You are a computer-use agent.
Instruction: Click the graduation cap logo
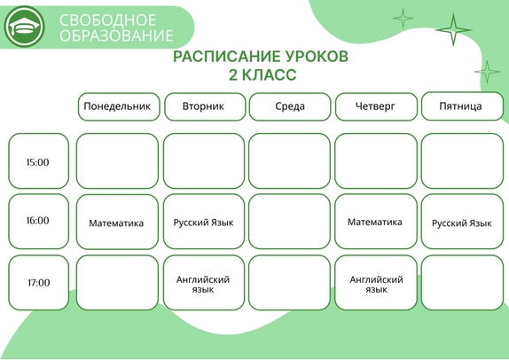(24, 27)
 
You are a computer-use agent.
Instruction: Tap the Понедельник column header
(119, 106)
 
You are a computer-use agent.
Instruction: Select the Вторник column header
(205, 106)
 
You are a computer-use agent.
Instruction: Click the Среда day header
(290, 106)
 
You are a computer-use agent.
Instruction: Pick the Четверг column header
(376, 106)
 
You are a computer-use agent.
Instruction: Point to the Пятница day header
(462, 106)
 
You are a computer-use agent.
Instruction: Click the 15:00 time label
(38, 162)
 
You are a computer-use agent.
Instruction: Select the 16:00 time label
(38, 221)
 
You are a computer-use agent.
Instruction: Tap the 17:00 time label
(39, 283)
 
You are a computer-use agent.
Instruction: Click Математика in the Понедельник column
(116, 223)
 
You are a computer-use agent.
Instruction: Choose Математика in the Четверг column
(374, 222)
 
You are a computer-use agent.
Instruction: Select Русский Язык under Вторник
(203, 223)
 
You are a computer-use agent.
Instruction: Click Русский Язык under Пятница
(462, 223)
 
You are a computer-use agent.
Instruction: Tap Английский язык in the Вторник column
(203, 285)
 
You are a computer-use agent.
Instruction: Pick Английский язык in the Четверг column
(376, 285)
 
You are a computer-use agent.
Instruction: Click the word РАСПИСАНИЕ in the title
(226, 57)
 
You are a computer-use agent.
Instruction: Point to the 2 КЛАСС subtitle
(262, 75)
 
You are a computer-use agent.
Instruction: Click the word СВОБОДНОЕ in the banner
(107, 20)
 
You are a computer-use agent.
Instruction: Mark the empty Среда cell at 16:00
(290, 222)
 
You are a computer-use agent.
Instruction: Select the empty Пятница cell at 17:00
(462, 283)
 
